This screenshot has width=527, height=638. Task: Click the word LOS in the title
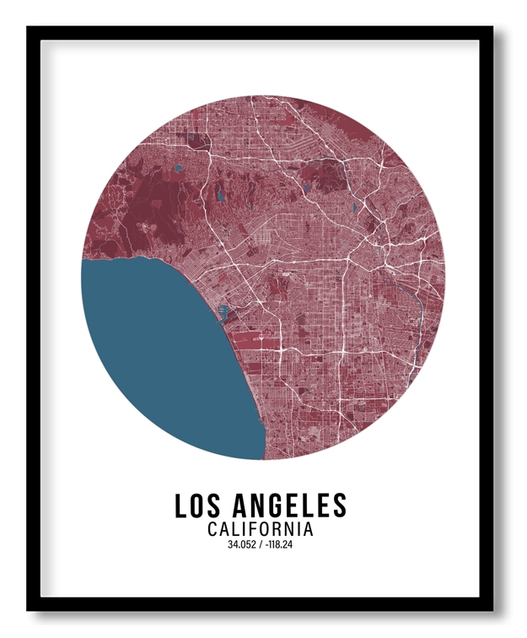pyautogui.click(x=197, y=506)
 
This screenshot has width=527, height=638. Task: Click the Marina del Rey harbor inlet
pyautogui.click(x=223, y=313)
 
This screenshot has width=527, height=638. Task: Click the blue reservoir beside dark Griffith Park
pyautogui.click(x=305, y=187)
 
